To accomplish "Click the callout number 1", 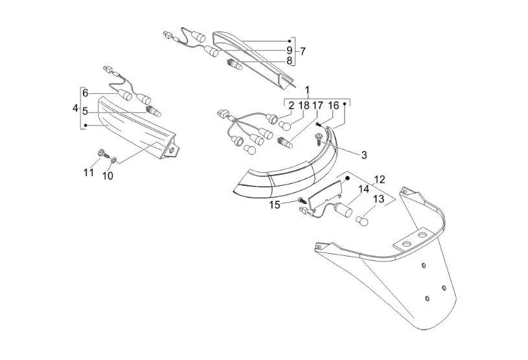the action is [x=307, y=90].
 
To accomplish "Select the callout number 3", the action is [x=363, y=155].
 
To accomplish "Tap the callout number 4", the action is [x=75, y=108].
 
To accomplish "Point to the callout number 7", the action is [x=303, y=52].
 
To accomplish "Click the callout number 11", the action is [x=89, y=173].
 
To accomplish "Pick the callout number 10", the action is [x=108, y=175].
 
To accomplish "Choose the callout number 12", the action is [x=379, y=179].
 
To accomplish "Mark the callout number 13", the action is [x=378, y=199].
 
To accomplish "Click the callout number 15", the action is [x=275, y=205].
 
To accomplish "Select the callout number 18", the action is [x=304, y=106].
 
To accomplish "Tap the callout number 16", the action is [x=334, y=106].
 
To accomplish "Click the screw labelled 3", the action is [x=318, y=139].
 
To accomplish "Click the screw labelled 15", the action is [x=302, y=200].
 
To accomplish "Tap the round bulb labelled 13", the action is [x=362, y=221].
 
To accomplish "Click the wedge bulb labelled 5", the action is [x=153, y=111].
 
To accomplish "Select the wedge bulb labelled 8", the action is [x=234, y=65].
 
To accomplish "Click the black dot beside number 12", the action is [x=348, y=177].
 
